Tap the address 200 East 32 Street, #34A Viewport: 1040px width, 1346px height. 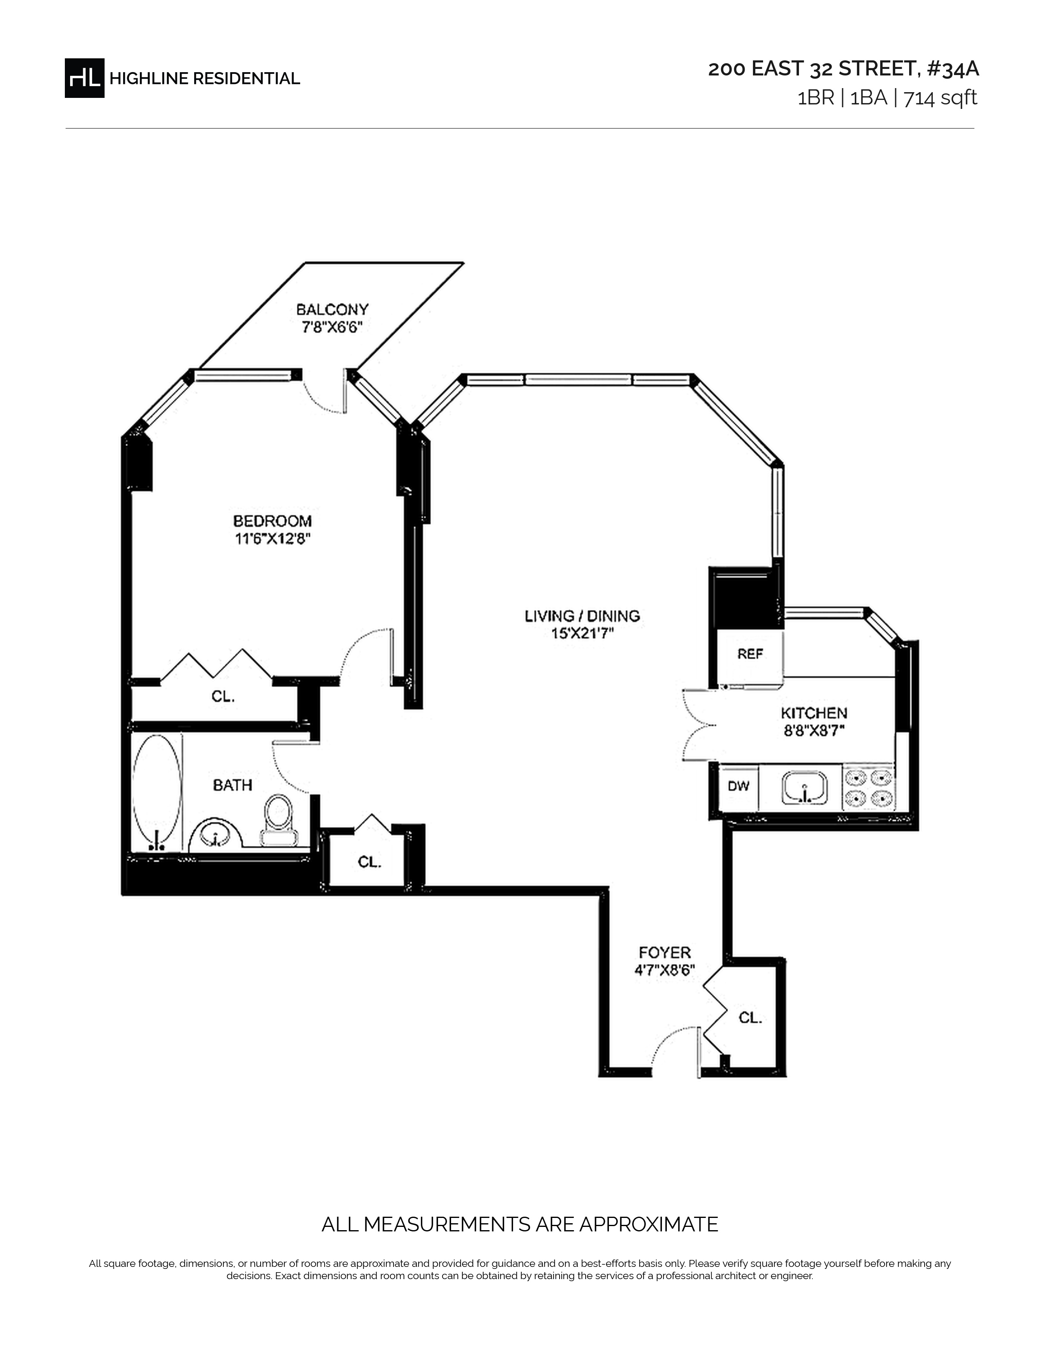tap(843, 69)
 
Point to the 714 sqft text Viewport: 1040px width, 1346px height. tap(940, 98)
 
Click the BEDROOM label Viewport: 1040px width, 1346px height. tap(272, 521)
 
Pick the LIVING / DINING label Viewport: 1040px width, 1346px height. tap(582, 615)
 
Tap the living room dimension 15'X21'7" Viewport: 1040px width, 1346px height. tap(582, 633)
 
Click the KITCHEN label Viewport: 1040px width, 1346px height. tap(814, 713)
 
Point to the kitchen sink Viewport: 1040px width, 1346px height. tap(805, 788)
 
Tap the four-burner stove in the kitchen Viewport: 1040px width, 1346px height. tap(869, 788)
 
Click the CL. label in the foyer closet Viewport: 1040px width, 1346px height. tap(750, 1018)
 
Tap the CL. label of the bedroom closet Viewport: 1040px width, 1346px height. tap(223, 696)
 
